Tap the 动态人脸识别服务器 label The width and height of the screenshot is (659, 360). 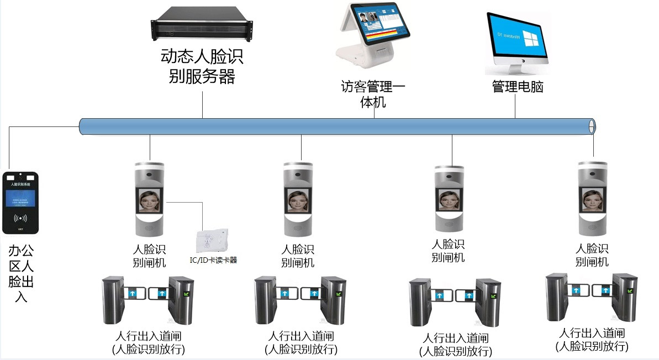[202, 66]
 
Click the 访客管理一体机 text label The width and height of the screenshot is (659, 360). [373, 94]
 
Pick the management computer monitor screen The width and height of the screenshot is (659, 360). [516, 37]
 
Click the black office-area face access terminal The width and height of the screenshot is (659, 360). [21, 202]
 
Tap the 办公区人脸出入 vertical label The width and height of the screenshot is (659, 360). [21, 274]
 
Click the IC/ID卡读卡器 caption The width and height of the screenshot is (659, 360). [213, 260]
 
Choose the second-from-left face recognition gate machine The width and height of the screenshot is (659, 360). [300, 199]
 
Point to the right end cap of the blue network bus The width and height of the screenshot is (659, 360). [592, 126]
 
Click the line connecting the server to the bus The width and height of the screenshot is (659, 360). [202, 105]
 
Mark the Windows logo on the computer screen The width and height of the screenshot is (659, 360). [531, 38]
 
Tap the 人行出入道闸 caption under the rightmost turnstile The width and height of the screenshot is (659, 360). [592, 333]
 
